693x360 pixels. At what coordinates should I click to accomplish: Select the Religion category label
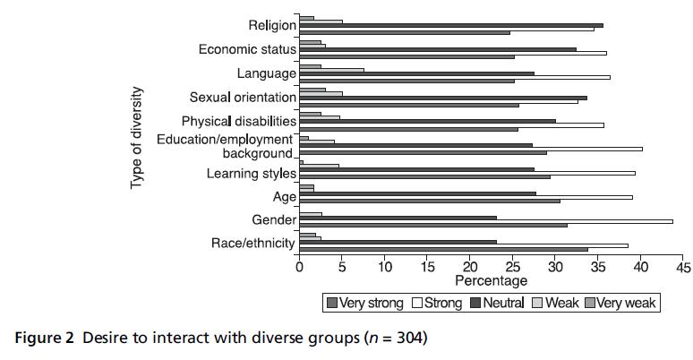click(x=272, y=25)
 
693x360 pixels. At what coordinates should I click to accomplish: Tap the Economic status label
click(x=247, y=49)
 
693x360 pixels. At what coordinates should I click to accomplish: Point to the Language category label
click(x=266, y=73)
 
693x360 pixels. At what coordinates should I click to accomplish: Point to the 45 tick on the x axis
click(x=683, y=267)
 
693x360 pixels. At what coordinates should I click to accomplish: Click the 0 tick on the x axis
click(x=299, y=267)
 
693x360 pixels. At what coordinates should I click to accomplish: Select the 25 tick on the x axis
click(x=512, y=267)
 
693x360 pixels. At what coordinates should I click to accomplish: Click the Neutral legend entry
click(x=497, y=303)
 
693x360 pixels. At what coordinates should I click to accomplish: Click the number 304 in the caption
click(x=409, y=338)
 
